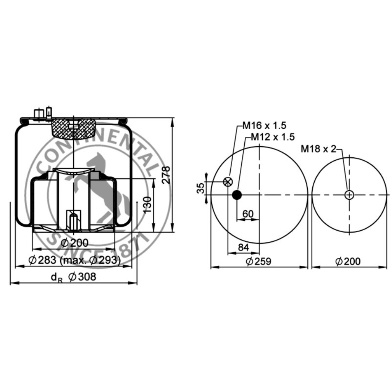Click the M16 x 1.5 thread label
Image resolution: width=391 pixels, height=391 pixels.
265,125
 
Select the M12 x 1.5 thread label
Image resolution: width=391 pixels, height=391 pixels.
273,137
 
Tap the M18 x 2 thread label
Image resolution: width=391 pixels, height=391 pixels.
318,149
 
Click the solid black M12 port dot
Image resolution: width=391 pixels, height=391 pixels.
237,195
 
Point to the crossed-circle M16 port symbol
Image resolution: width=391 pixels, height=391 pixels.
228,181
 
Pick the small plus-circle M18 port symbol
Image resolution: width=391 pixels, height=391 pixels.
349,195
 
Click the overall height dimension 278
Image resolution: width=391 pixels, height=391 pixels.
166,175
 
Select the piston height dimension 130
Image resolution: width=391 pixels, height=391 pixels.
147,205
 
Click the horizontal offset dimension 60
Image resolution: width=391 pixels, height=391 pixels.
248,214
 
